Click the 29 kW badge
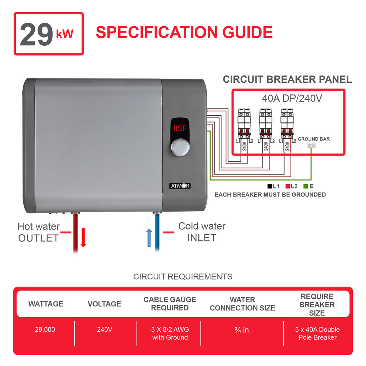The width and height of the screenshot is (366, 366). point(49,34)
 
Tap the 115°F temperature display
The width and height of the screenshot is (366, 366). point(180,129)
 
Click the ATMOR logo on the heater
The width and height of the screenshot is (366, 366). point(180,186)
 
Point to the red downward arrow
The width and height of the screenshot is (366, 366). point(83,238)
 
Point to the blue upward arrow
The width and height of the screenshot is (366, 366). point(149,238)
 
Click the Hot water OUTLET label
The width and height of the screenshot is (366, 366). point(38,232)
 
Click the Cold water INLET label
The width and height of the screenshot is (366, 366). point(202,232)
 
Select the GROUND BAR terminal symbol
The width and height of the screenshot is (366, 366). point(311,145)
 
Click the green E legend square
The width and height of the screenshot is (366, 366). point(306,186)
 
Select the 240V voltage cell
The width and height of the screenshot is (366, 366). point(104,329)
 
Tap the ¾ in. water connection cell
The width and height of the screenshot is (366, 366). point(242,330)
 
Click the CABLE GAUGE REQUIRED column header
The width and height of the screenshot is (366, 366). point(170,304)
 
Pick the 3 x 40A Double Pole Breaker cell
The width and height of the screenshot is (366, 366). point(317,333)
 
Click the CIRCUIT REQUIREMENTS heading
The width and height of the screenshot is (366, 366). point(183,276)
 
